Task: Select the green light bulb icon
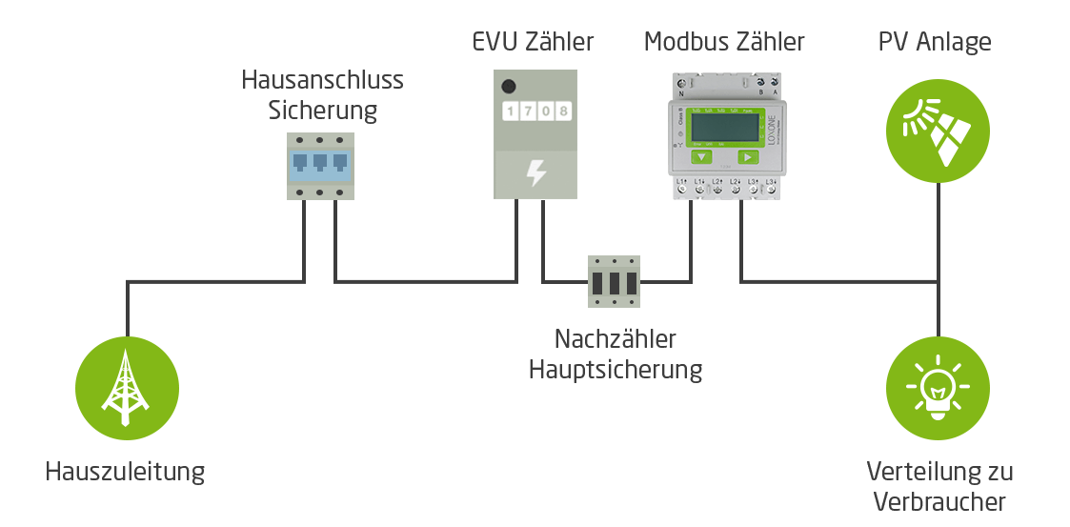(939, 388)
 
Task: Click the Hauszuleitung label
(125, 472)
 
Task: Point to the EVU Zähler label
(533, 42)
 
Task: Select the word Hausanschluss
(322, 79)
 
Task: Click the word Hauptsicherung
(616, 369)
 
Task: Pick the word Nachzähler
(616, 338)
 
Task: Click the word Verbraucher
(939, 501)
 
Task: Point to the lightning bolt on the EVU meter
(536, 174)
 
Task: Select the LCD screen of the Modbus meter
(723, 127)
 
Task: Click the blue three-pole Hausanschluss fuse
(321, 166)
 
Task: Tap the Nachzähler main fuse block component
(614, 281)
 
